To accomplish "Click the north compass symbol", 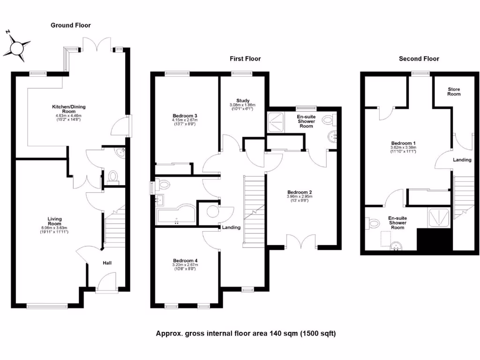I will [19, 47].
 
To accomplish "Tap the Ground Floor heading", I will [71, 25].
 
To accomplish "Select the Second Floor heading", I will [419, 59].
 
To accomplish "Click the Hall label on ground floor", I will [107, 263].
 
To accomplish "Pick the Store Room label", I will [454, 91].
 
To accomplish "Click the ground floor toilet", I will [112, 176].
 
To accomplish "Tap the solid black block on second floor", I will [434, 240].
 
